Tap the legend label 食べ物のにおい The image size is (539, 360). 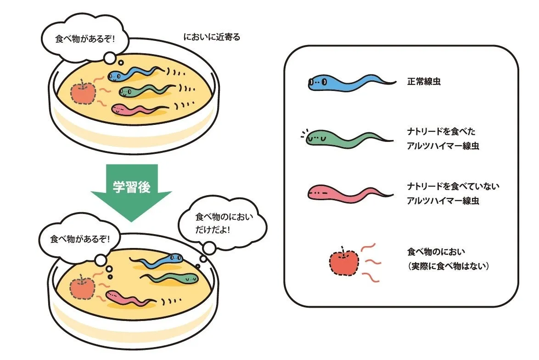pos(436,252)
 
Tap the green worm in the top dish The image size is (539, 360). pos(140,90)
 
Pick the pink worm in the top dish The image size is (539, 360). pos(135,109)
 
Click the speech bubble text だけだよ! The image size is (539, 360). pos(213,228)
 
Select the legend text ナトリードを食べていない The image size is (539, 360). pos(453,186)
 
